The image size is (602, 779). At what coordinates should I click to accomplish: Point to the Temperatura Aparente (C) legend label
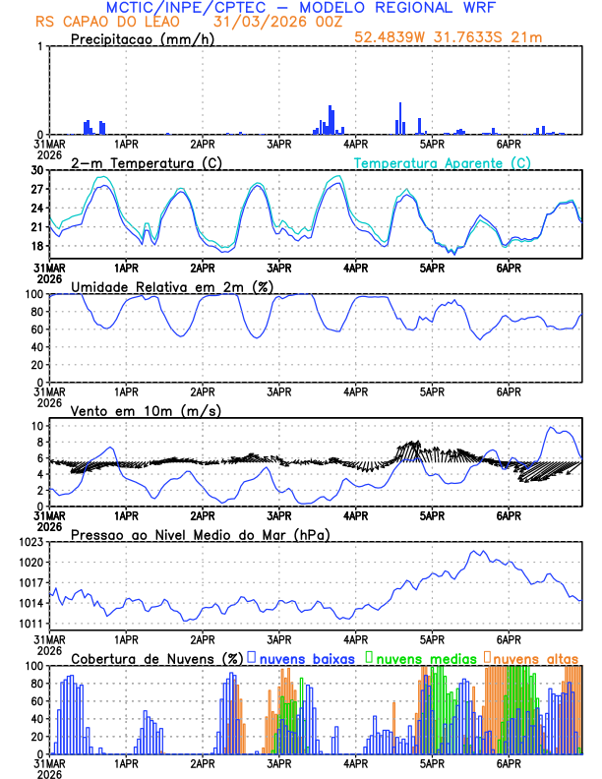pyautogui.click(x=443, y=162)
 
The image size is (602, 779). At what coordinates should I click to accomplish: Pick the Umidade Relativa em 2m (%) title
pyautogui.click(x=176, y=286)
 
